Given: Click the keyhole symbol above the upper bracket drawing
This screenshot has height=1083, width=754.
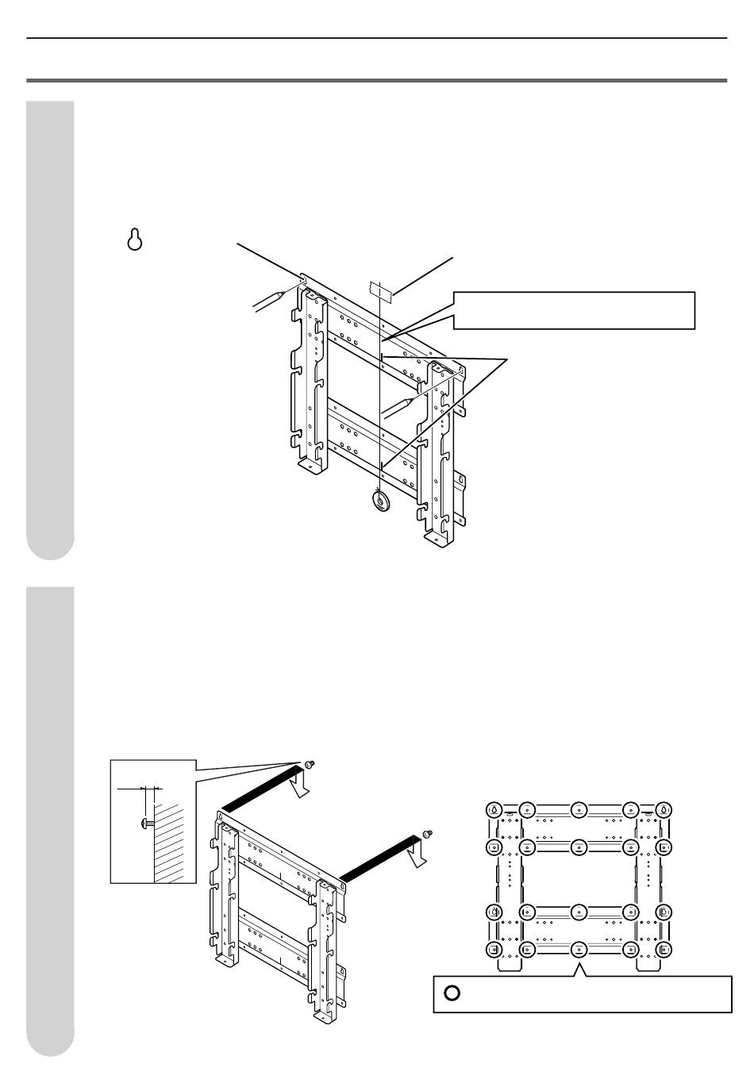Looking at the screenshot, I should point(136,240).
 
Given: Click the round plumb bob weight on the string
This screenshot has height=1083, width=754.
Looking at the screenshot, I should point(380,501).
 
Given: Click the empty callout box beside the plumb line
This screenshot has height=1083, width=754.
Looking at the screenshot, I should point(574,310).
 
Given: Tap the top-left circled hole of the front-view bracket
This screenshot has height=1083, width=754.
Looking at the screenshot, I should point(493,810).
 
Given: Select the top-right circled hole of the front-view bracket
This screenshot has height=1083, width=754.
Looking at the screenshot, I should point(664,810).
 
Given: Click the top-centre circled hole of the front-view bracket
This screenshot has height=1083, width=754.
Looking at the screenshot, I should point(579,810).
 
